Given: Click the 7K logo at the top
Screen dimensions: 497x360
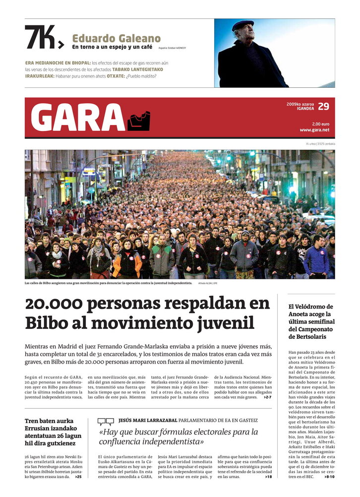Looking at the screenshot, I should [x=44, y=37].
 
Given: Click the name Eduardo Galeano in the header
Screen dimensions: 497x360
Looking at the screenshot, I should [x=117, y=38].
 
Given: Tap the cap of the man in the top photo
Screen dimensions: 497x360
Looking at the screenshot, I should [x=243, y=25].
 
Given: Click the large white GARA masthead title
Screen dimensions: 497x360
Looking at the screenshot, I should [x=77, y=118].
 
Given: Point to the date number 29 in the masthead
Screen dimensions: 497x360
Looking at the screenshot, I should [x=323, y=106].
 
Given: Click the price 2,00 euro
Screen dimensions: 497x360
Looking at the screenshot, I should [x=320, y=124].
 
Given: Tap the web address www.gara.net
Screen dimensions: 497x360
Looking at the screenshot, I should [x=314, y=130].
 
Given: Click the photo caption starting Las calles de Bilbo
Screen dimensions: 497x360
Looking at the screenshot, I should [x=108, y=283].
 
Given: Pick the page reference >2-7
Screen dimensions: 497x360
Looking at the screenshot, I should [x=267, y=397].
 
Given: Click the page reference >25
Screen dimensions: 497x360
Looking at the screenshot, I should [x=78, y=477].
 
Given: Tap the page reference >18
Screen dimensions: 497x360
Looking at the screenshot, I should [x=268, y=477].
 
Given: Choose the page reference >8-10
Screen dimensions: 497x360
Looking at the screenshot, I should [x=329, y=477].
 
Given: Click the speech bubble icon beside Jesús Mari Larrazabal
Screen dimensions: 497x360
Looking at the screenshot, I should [x=106, y=422].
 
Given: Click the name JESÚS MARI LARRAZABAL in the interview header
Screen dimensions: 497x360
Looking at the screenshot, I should [x=147, y=420].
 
